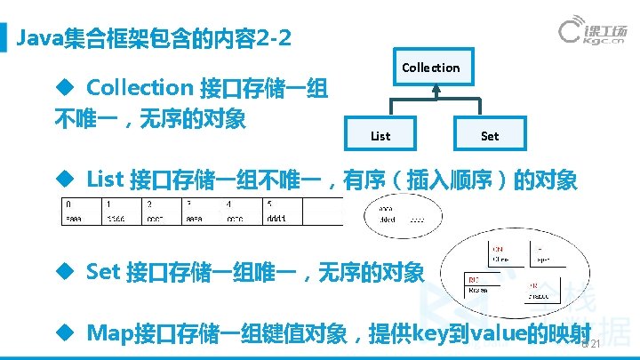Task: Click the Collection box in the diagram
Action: [431, 68]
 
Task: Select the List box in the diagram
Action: [380, 136]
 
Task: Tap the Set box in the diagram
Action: [489, 136]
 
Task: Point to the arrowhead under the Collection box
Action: [435, 90]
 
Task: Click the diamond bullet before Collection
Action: [64, 87]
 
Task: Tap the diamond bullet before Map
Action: [64, 333]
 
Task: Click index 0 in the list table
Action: [68, 204]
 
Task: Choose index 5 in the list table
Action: [269, 204]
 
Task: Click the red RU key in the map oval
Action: [473, 280]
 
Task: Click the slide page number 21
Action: [596, 345]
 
